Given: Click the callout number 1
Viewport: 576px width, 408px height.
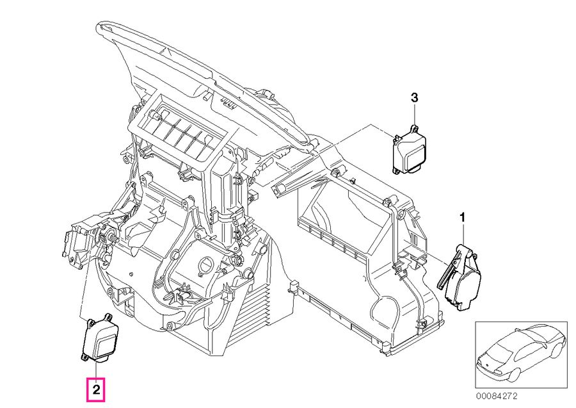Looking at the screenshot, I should pyautogui.click(x=461, y=218).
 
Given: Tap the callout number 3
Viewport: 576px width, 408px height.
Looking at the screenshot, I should pyautogui.click(x=414, y=97).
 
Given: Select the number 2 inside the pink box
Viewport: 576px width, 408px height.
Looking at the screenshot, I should pyautogui.click(x=95, y=388).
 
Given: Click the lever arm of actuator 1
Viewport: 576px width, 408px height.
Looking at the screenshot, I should pyautogui.click(x=447, y=268).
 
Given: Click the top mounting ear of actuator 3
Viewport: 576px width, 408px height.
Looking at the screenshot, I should pyautogui.click(x=414, y=128).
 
